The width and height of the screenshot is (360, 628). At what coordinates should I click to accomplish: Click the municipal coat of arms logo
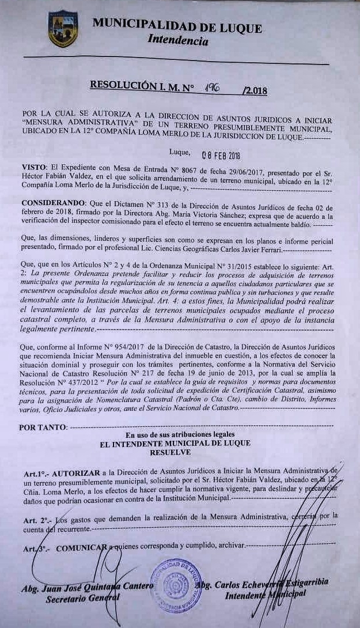click(63, 28)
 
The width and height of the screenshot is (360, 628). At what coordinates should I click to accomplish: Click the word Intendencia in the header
click(177, 41)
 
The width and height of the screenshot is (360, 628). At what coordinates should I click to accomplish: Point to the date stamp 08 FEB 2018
click(221, 155)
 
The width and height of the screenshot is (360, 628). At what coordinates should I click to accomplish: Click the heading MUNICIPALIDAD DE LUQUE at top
click(177, 27)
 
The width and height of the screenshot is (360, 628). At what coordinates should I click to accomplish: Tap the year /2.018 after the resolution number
click(255, 90)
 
